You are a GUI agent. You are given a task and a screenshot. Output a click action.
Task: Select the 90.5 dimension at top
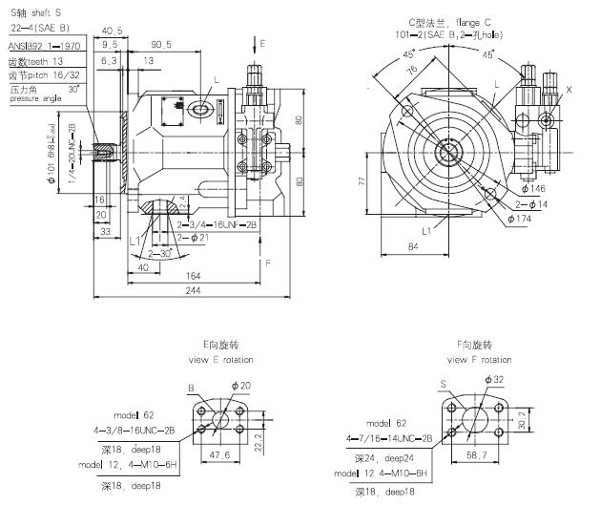[x=160, y=44]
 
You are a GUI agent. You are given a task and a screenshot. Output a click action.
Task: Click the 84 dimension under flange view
[x=413, y=248]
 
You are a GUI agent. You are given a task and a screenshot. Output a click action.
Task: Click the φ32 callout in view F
[x=495, y=380]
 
